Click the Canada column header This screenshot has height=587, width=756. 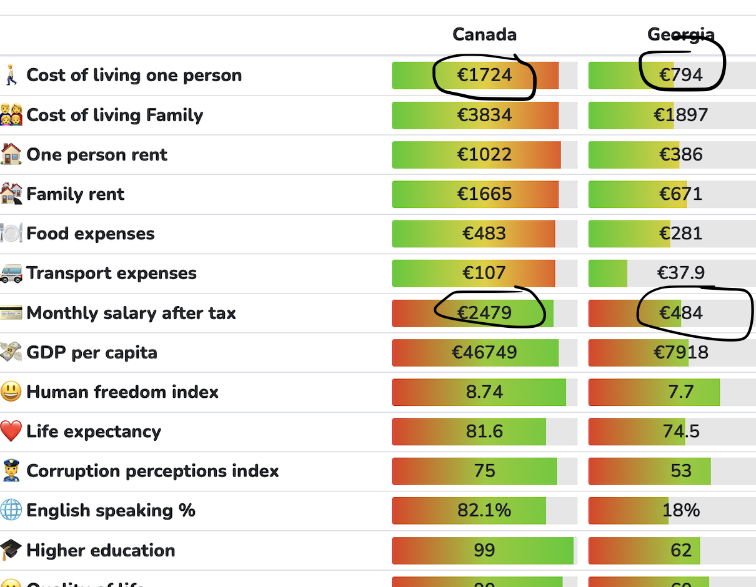coord(484,34)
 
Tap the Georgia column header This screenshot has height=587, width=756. coord(680,34)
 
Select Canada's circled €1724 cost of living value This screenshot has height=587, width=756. coord(484,76)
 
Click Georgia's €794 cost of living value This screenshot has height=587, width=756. coord(680,76)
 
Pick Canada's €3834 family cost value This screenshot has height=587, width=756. coord(484,115)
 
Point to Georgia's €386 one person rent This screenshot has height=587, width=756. coord(680,154)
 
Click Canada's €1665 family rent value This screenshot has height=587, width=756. coord(484,194)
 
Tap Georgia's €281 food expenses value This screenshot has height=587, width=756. coord(680,234)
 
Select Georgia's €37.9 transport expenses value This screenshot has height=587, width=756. coord(680,273)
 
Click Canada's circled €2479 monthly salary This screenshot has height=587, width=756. coord(484,313)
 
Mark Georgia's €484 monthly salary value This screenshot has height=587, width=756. coord(680,313)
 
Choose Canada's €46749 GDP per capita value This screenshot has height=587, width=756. coord(484,352)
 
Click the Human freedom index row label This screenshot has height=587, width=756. coord(122,392)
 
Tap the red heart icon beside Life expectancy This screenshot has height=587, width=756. coord(11,432)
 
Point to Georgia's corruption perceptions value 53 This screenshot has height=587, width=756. coord(680,471)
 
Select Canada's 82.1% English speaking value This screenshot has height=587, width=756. coord(484,511)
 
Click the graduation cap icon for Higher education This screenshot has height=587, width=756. coord(11,550)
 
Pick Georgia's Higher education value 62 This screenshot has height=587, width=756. coord(680,550)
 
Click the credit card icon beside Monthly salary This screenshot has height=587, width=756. coord(11,313)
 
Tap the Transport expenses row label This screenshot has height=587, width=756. coord(111,274)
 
